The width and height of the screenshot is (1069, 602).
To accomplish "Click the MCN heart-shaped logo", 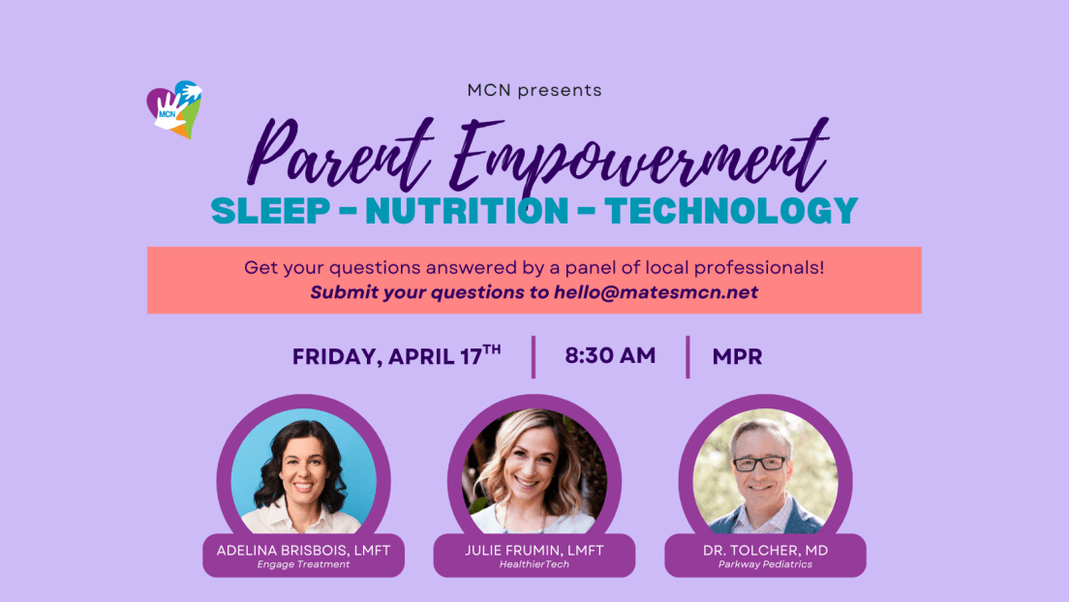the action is (x=174, y=109).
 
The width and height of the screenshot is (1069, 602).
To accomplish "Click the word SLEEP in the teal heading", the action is (x=271, y=211).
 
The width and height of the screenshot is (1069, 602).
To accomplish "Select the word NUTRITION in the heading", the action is (x=467, y=211).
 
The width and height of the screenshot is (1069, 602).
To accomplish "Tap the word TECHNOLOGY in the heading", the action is (x=731, y=211).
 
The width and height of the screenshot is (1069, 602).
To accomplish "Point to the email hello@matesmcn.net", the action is (x=656, y=292).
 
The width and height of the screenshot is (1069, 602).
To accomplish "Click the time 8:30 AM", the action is (x=610, y=355).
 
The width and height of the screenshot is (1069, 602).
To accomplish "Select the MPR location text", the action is (x=737, y=356).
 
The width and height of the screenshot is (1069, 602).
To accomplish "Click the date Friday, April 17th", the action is (x=397, y=355).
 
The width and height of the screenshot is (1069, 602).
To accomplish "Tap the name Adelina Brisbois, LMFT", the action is (x=303, y=550).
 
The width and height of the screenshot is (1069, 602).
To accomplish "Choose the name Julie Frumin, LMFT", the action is (x=534, y=550).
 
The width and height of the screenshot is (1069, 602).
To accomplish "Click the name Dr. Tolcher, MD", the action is (x=766, y=550).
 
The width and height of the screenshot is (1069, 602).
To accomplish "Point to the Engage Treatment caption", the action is (x=303, y=564).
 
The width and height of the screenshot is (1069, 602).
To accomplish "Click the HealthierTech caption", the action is (x=534, y=564).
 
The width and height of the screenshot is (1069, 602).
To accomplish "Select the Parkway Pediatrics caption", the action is (x=766, y=564).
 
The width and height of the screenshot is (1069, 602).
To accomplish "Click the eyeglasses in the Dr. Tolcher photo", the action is (x=759, y=464).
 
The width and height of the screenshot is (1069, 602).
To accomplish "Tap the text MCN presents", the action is (x=534, y=90).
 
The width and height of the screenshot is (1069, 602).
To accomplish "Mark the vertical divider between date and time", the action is (x=534, y=356).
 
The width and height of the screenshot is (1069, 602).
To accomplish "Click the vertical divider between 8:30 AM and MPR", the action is (x=687, y=356).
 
